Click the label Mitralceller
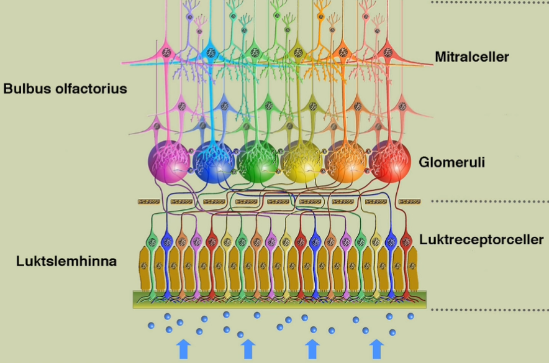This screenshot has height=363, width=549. click(x=472, y=57)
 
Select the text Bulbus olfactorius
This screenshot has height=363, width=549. click(x=65, y=88)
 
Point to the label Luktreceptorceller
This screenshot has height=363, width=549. click(x=481, y=239)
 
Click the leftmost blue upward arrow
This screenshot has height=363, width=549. click(x=183, y=349)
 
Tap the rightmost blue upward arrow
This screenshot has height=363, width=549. click(x=376, y=349)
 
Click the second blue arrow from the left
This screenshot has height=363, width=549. click(x=248, y=349)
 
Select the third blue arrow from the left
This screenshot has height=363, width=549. click(x=312, y=349)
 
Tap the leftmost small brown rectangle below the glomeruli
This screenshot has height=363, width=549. click(x=149, y=201)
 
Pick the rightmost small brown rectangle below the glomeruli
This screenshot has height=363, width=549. click(x=410, y=201)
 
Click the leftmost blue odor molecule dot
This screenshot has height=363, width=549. click(x=151, y=325)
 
